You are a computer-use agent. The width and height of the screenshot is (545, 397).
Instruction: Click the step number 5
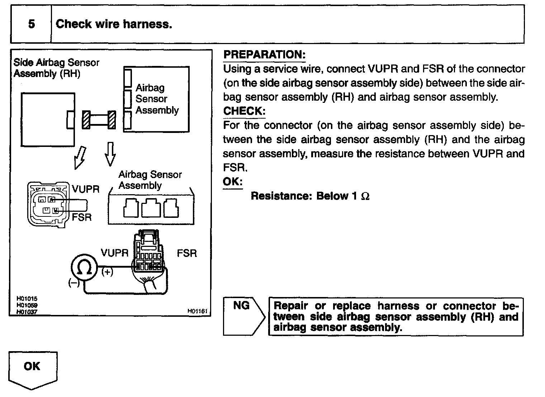pos(32,24)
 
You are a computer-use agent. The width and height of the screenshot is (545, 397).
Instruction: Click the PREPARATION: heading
pos(264,55)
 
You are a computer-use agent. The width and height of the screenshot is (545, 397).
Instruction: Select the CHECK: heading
pos(244,111)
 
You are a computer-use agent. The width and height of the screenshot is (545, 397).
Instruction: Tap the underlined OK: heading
pos(233,182)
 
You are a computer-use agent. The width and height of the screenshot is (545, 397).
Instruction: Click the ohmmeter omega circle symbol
pos(84,267)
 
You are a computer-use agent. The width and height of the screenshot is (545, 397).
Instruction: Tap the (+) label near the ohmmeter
pos(107,272)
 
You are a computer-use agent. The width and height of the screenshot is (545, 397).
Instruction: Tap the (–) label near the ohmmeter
pos(74,283)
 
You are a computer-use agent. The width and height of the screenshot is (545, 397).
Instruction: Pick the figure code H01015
pos(27,298)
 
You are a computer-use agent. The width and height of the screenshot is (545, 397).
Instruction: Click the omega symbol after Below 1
pos(365,196)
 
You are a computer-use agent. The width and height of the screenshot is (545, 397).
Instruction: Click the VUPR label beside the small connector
pos(85,189)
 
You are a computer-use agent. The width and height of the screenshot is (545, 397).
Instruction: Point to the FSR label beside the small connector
pos(82,217)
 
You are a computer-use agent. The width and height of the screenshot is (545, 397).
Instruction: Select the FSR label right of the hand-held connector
pos(187,253)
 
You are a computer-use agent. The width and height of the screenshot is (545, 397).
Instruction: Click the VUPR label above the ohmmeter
pos(114,253)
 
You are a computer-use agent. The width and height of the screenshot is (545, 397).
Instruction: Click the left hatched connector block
pos(86,120)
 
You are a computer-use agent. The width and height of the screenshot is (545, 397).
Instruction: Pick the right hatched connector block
pos(112,120)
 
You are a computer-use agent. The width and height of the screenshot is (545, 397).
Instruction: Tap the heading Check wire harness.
pos(114,24)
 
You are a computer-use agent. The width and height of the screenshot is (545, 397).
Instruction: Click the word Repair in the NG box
pos(291,306)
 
